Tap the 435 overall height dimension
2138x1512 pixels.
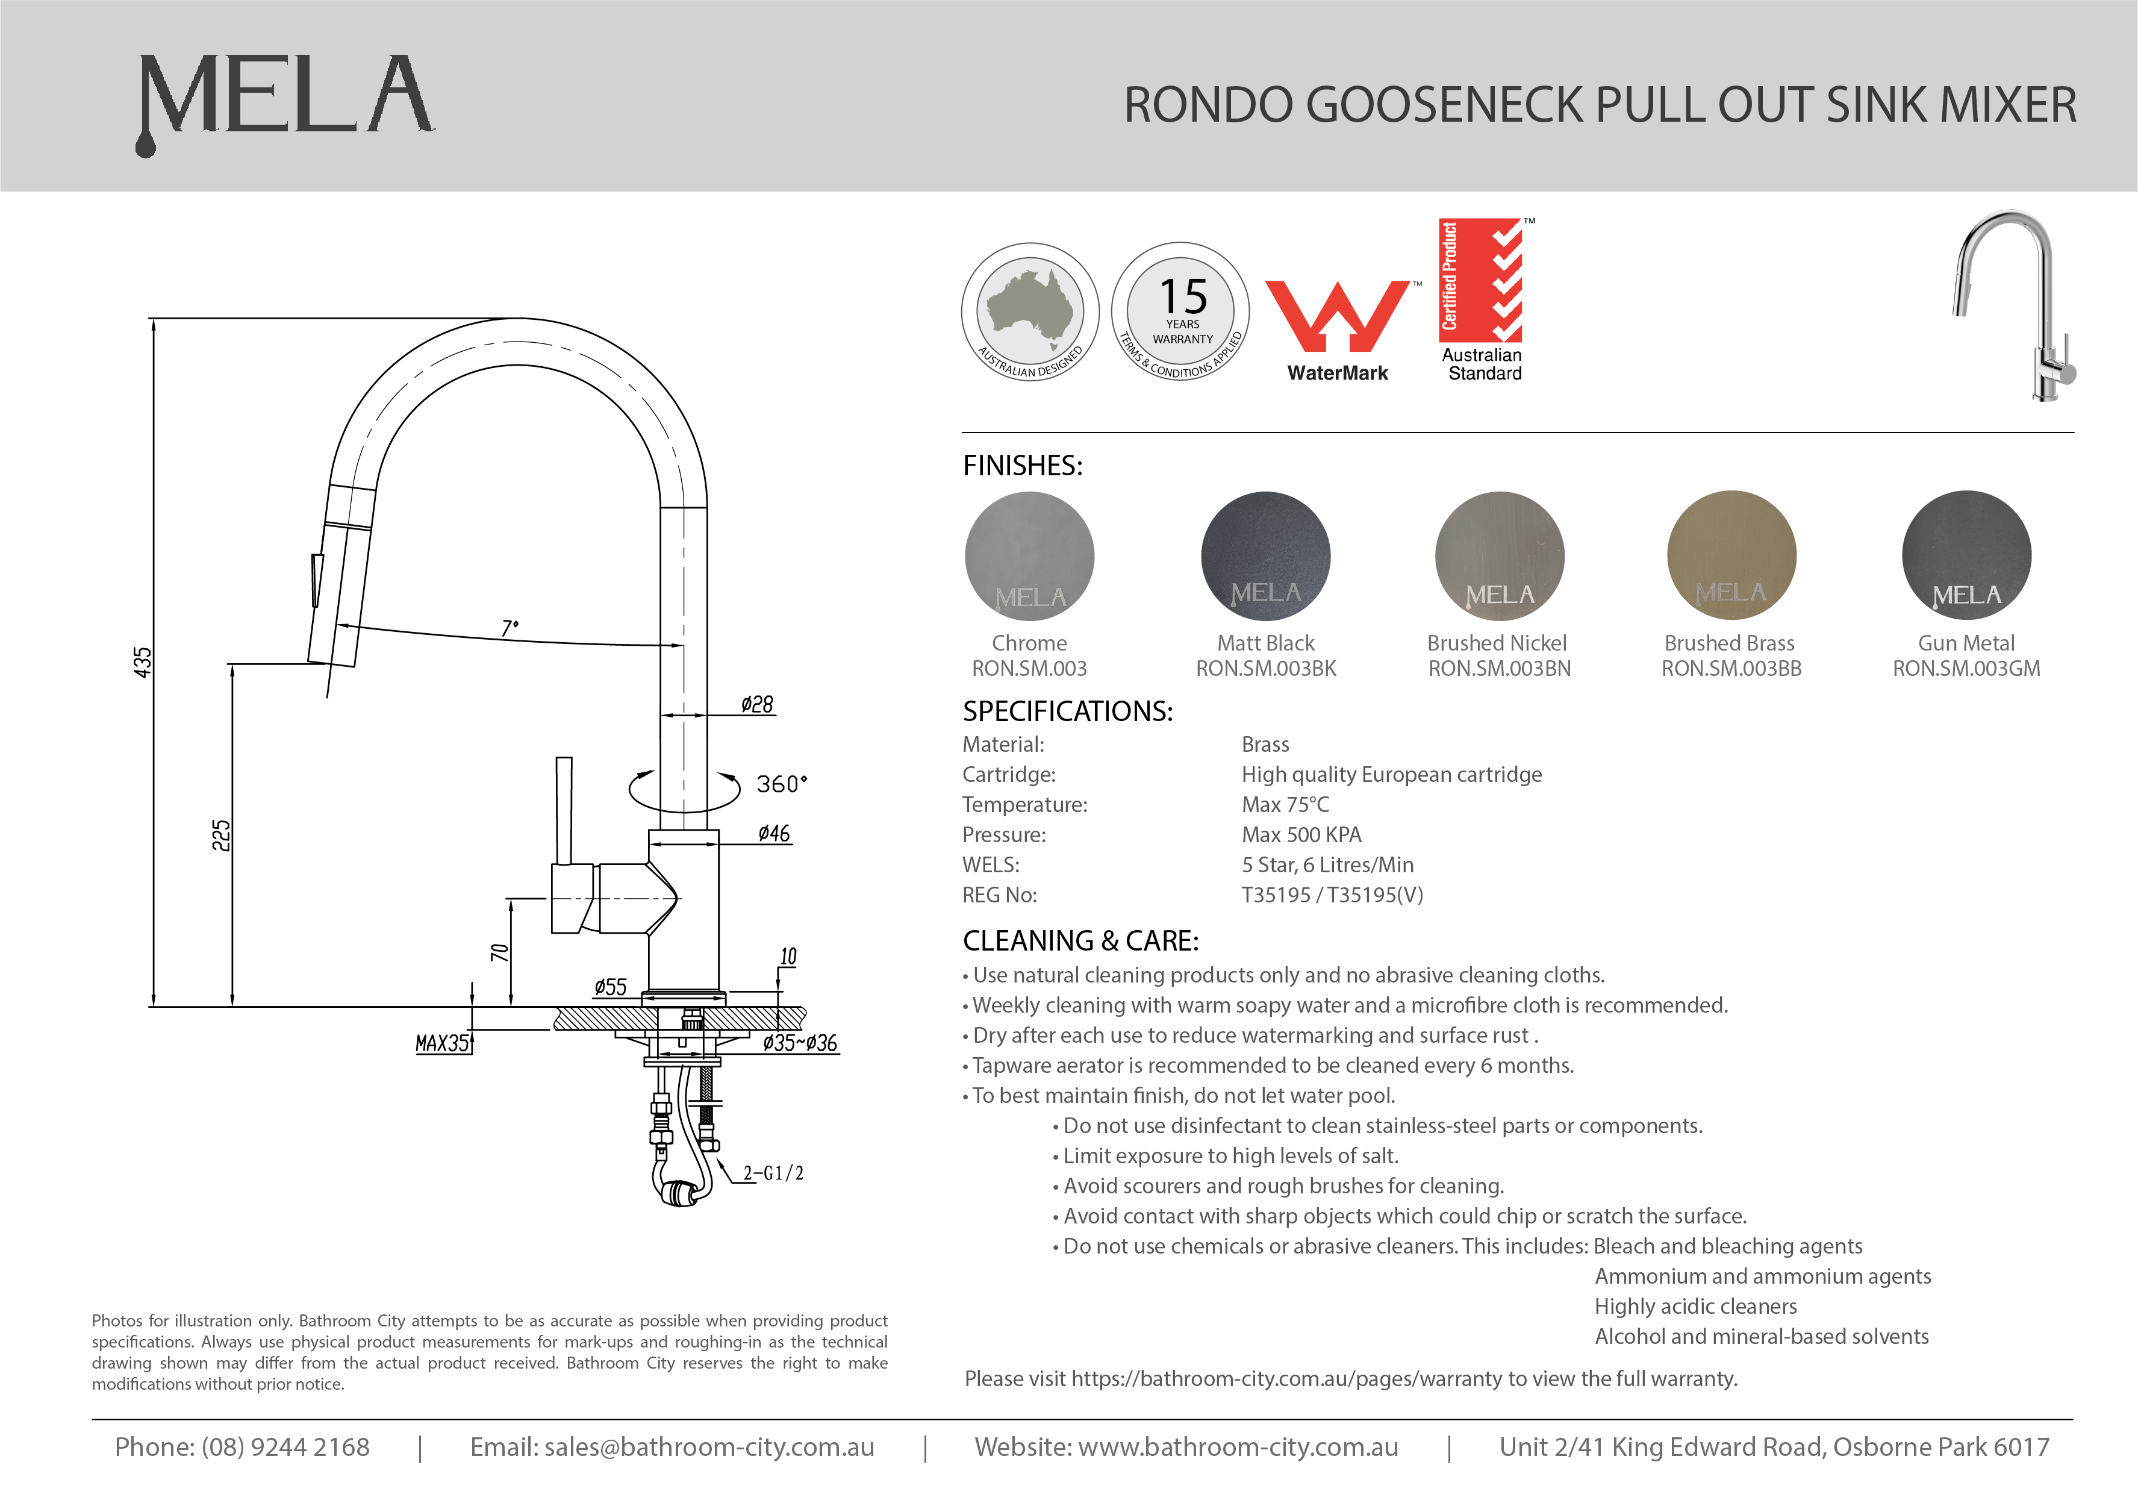pyautogui.click(x=143, y=663)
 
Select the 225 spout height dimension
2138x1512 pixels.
pyautogui.click(x=220, y=835)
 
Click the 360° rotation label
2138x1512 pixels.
pyautogui.click(x=781, y=784)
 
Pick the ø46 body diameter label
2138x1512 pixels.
pyautogui.click(x=774, y=834)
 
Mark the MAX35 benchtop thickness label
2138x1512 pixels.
pyautogui.click(x=442, y=1043)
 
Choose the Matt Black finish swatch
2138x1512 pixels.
pyautogui.click(x=1265, y=556)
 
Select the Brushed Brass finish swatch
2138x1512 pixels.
pyautogui.click(x=1731, y=556)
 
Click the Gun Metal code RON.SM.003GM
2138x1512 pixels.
pyautogui.click(x=1966, y=669)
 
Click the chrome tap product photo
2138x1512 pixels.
pyautogui.click(x=2016, y=305)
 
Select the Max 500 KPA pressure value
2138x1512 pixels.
pyautogui.click(x=1301, y=835)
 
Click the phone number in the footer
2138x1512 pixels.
pyautogui.click(x=242, y=1447)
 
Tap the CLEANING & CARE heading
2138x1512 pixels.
pyautogui.click(x=1080, y=941)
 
